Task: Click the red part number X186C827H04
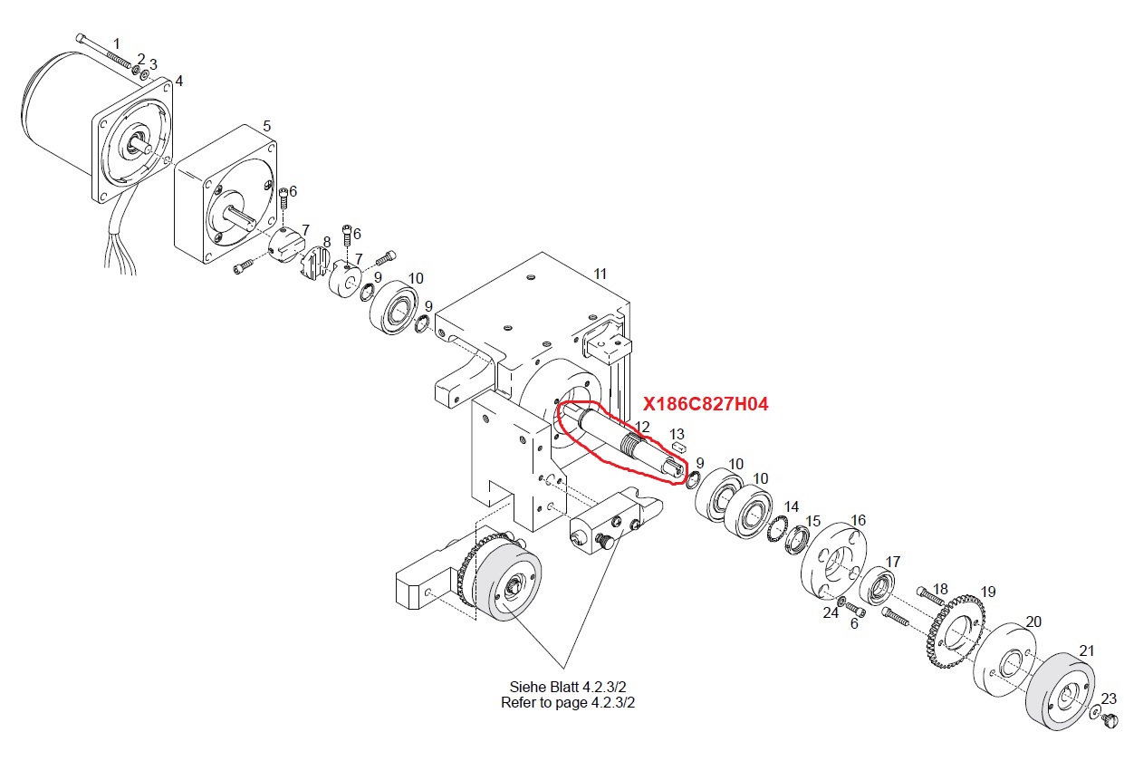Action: coord(706,404)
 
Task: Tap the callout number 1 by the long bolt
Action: coord(117,43)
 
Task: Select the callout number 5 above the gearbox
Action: coord(266,126)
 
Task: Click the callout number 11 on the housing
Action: coord(600,274)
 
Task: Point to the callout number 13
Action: coord(677,434)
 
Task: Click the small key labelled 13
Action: coord(678,447)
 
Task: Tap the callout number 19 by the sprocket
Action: coord(988,592)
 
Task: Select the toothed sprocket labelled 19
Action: coord(955,631)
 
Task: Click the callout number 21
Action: coord(1086,651)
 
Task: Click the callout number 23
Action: coord(1109,698)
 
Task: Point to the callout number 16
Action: coord(858,520)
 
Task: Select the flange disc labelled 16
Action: coord(833,561)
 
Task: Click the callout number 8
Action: coord(327,243)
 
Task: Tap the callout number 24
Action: coord(831,613)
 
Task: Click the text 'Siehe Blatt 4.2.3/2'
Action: coord(568,686)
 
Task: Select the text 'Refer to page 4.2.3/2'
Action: coord(568,702)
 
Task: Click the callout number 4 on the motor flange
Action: coord(178,81)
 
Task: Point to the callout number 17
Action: coord(892,562)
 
